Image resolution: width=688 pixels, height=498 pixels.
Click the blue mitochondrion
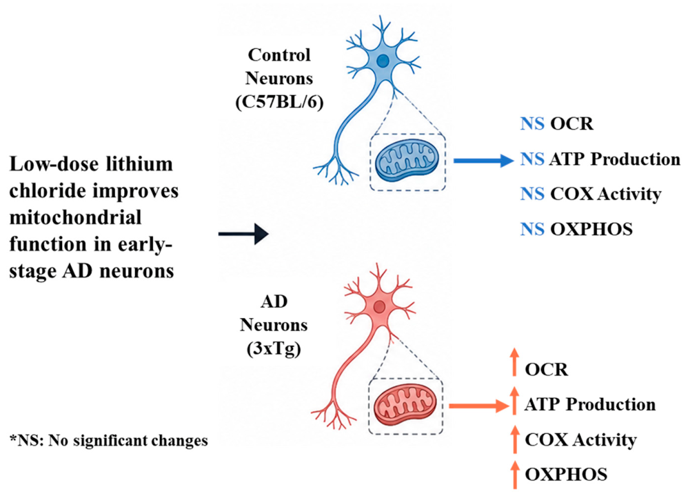tap(407, 162)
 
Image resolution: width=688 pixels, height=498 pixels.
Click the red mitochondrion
tap(405, 406)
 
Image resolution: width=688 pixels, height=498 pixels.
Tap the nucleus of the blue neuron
tap(383, 61)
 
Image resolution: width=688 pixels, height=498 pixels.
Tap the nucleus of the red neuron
tap(380, 306)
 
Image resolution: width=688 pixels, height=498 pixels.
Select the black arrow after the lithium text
tap(243, 234)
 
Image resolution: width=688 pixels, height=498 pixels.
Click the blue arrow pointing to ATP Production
tap(483, 161)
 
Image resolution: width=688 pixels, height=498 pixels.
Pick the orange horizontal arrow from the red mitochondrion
tap(479, 406)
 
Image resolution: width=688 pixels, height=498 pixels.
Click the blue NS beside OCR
tap(532, 124)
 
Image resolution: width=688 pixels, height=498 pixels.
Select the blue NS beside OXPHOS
tap(532, 229)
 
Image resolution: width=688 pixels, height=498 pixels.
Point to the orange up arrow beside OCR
tap(515, 362)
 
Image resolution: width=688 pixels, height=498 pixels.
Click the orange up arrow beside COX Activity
tap(515, 439)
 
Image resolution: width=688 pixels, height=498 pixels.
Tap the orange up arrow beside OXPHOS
tap(515, 475)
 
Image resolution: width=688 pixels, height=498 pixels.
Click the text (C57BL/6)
tap(279, 102)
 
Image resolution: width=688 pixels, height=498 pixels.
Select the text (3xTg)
tap(274, 349)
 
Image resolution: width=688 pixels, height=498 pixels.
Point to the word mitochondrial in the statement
tap(75, 218)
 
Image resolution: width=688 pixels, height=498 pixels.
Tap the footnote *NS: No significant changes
tap(109, 440)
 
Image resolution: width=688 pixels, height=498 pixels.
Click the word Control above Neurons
tap(279, 55)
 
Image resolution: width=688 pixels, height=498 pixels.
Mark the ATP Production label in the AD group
tap(590, 404)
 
